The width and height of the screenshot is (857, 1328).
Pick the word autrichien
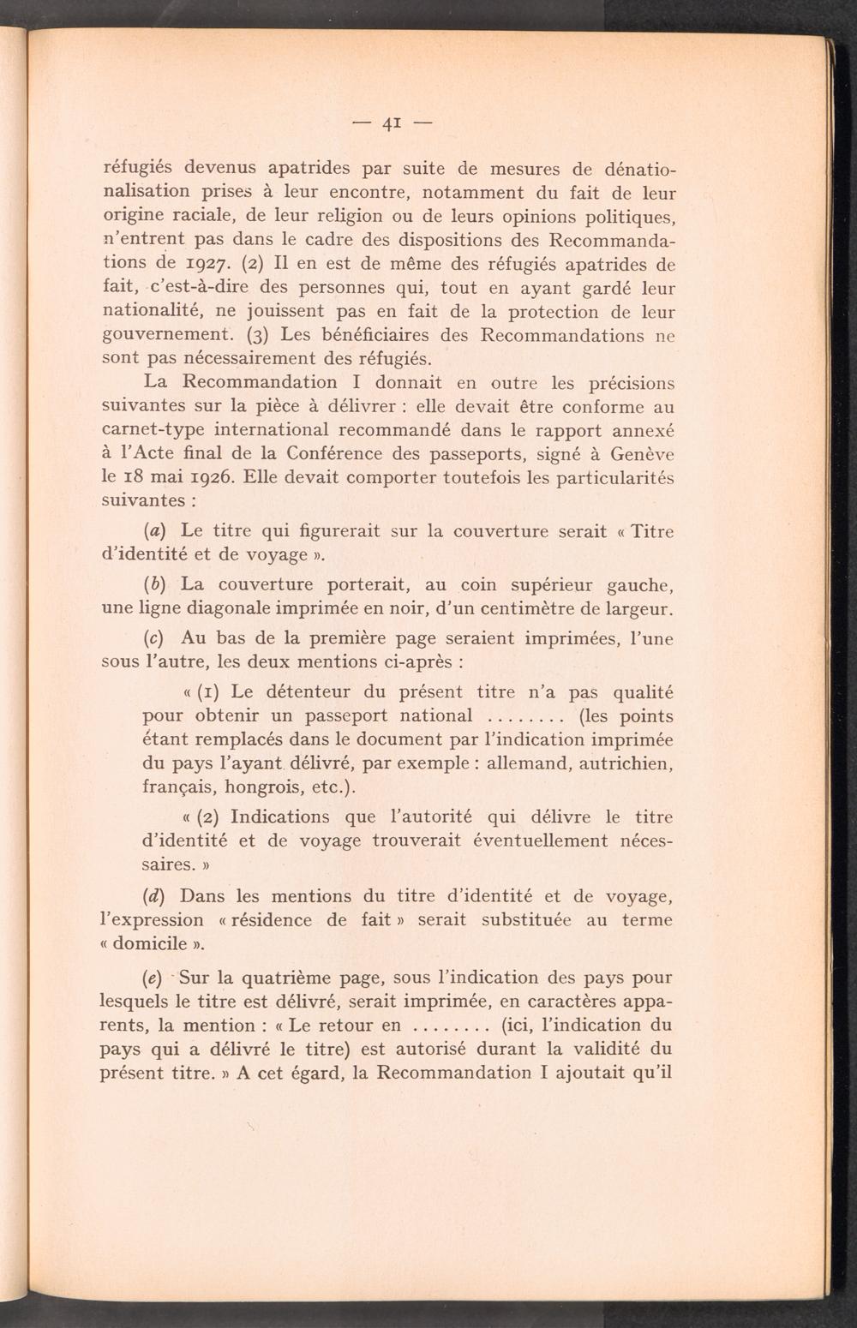pos(624,763)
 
